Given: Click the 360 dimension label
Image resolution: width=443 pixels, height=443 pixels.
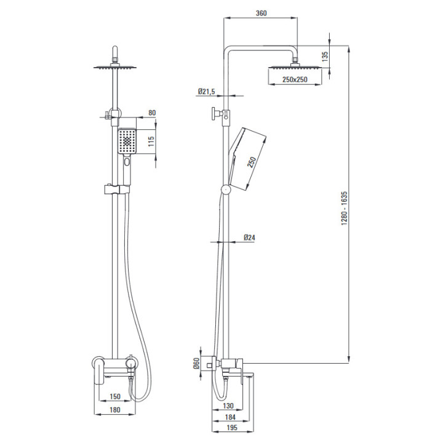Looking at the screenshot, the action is click(261, 13).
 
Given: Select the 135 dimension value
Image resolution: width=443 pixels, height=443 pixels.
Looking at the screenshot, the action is click(325, 57).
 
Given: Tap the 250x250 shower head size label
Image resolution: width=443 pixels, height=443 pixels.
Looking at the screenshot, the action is click(295, 79).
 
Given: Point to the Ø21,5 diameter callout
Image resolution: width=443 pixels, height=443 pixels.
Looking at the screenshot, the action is click(207, 91).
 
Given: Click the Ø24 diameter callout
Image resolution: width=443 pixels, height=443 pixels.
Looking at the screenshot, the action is click(249, 237).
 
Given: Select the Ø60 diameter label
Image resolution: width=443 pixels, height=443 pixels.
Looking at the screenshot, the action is click(196, 363).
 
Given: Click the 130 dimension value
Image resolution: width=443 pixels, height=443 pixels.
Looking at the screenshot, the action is click(228, 406).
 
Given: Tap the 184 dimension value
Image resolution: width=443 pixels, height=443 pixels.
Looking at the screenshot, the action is click(230, 417).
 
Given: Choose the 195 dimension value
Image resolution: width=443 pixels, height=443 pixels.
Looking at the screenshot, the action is click(232, 428).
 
